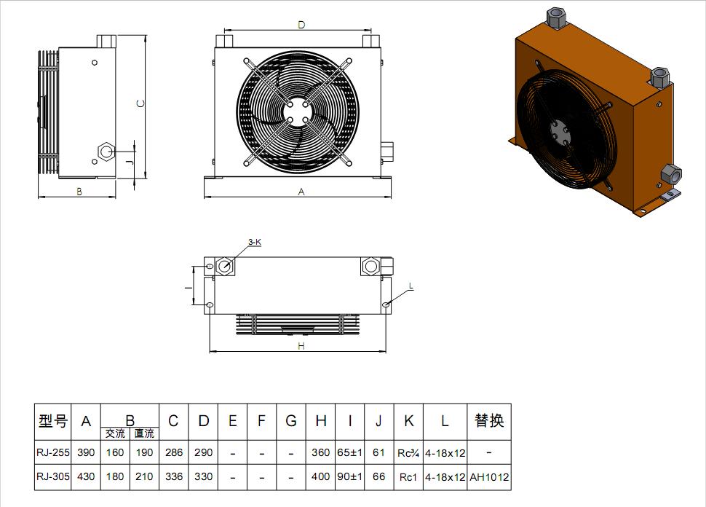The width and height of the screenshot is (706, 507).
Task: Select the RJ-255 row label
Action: [52, 452]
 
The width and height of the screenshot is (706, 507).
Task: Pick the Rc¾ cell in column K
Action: [408, 452]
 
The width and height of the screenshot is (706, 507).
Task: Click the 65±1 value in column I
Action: [350, 452]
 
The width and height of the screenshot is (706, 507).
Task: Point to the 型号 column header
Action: [52, 421]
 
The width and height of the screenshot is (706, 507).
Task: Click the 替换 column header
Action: [489, 421]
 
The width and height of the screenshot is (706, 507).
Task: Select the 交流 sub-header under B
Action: [115, 433]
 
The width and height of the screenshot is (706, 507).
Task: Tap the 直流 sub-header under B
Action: [144, 433]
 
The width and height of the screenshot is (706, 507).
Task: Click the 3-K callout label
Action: [254, 242]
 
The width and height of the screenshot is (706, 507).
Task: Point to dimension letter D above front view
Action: [301, 25]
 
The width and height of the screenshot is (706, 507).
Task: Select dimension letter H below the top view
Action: [301, 346]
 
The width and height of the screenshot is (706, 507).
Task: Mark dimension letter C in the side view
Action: [141, 103]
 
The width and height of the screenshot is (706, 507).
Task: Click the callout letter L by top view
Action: [410, 287]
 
